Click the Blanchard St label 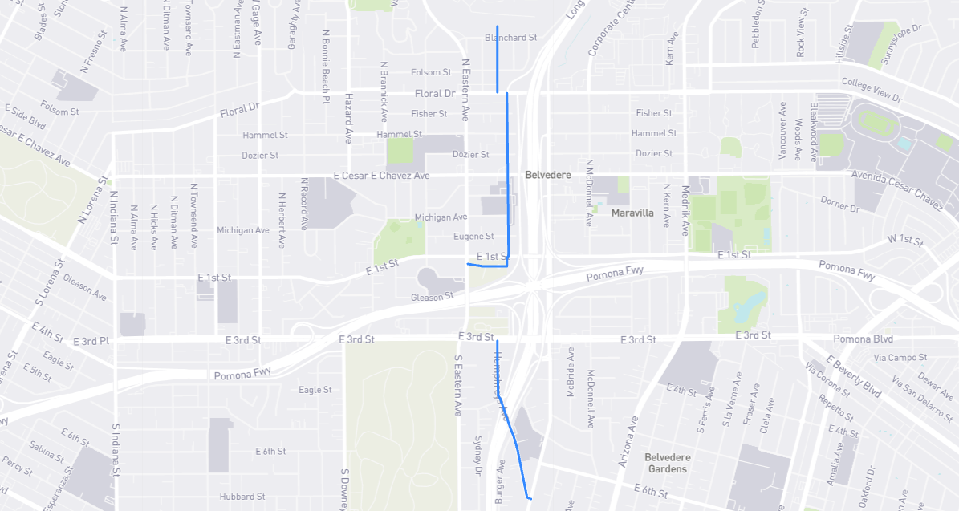tap(510, 38)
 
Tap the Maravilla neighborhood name tap(632, 213)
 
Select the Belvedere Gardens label tap(667, 463)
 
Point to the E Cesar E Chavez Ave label tap(381, 176)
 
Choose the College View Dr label tap(872, 89)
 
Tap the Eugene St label tap(473, 237)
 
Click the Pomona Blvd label tap(863, 339)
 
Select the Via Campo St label tap(900, 357)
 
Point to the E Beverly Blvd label tap(853, 376)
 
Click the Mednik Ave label tap(685, 210)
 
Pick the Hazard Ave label tap(349, 119)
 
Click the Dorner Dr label tap(839, 204)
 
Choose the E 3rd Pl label tap(90, 341)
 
